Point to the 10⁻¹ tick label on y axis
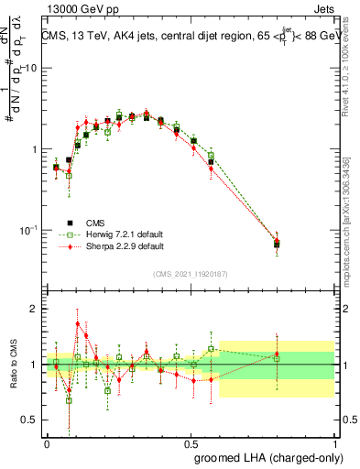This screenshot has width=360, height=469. [x=28, y=230]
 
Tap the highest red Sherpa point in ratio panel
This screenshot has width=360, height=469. [x=78, y=323]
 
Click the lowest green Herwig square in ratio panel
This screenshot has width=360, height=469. [x=69, y=400]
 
